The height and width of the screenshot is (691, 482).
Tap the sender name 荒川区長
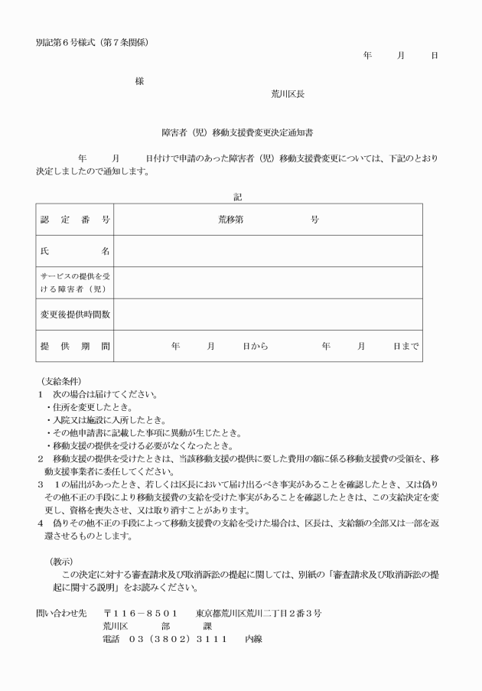coord(288,94)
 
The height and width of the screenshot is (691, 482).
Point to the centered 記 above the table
coord(238,197)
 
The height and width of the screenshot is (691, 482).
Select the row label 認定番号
coord(75,220)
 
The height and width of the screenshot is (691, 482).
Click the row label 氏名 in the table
coord(75,251)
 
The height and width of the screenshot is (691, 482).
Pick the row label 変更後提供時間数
coord(75,315)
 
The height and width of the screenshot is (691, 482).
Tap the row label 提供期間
coord(75,346)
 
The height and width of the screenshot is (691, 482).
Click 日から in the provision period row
coord(256,346)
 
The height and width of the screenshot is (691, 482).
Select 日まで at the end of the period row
coord(405,346)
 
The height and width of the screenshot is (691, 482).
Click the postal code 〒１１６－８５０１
coord(142,614)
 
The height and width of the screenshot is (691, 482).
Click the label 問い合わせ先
coord(61,614)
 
